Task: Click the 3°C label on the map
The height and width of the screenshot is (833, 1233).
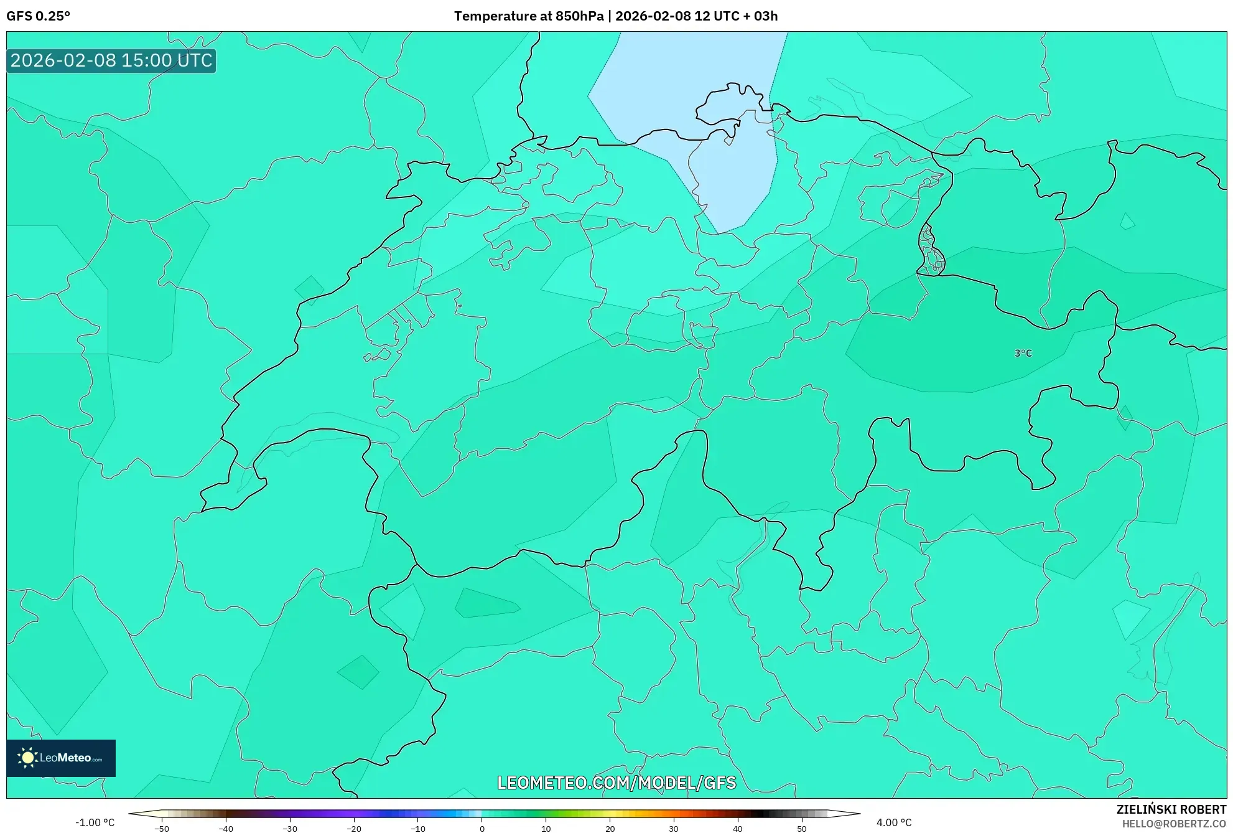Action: point(1023,353)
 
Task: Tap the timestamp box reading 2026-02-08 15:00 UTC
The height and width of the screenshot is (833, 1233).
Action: point(111,61)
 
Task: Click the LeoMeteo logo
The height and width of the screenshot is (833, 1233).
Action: point(61,758)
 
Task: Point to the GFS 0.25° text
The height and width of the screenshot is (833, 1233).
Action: point(39,16)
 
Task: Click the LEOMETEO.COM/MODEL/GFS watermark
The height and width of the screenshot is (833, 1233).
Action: point(616,783)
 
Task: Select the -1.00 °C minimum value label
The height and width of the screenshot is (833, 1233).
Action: point(95,822)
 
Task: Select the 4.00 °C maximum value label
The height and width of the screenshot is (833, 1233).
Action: point(894,822)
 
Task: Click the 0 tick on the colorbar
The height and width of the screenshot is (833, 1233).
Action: point(482,828)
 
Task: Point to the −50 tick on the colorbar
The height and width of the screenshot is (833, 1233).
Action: point(162,828)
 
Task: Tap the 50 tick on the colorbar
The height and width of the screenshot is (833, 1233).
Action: point(802,828)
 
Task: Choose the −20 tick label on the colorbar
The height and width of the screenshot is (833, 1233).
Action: point(353,828)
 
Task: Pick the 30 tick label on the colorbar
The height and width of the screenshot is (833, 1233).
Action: point(674,828)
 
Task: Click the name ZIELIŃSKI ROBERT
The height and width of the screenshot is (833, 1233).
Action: point(1171,809)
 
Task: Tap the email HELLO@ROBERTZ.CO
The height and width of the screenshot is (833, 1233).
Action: point(1174,824)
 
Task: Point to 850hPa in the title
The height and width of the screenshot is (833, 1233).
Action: point(579,16)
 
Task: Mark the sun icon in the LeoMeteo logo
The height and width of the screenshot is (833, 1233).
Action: point(27,758)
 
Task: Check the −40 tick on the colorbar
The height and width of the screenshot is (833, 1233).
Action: point(226,828)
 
